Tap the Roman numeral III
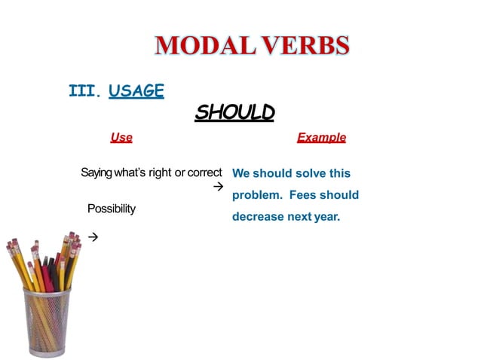click(84, 91)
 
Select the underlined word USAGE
click(136, 91)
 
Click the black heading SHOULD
click(234, 113)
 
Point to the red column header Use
click(121, 138)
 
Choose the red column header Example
click(321, 138)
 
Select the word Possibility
click(112, 209)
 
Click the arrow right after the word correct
click(219, 185)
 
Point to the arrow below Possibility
click(93, 237)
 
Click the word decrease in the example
click(257, 217)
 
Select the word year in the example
click(326, 217)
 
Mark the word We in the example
click(240, 174)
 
